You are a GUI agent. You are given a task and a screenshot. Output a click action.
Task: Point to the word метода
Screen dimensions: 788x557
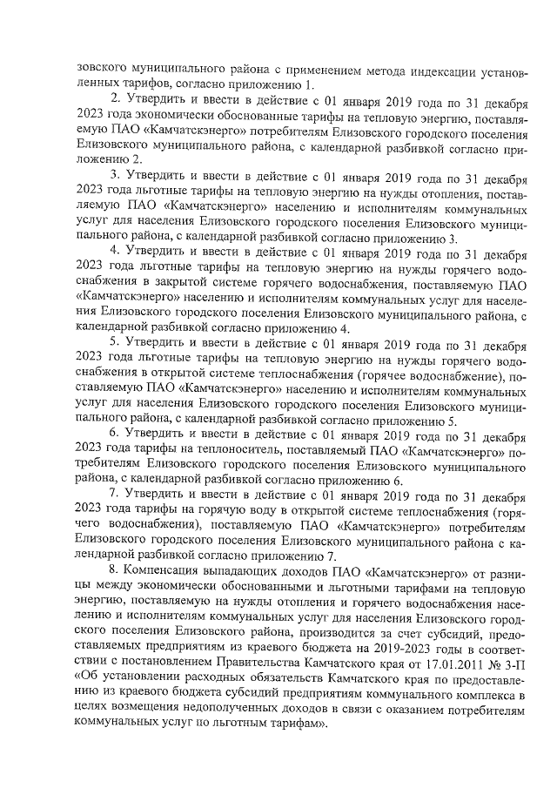pos(366,64)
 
